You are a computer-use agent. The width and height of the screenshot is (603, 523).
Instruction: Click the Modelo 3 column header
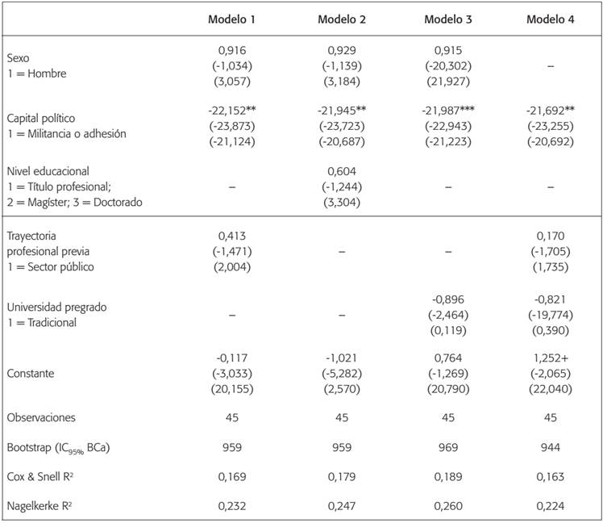(x=448, y=19)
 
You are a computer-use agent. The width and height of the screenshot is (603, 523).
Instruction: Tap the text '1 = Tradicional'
(x=43, y=322)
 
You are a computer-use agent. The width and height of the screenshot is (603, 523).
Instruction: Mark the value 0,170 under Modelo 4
(x=551, y=237)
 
